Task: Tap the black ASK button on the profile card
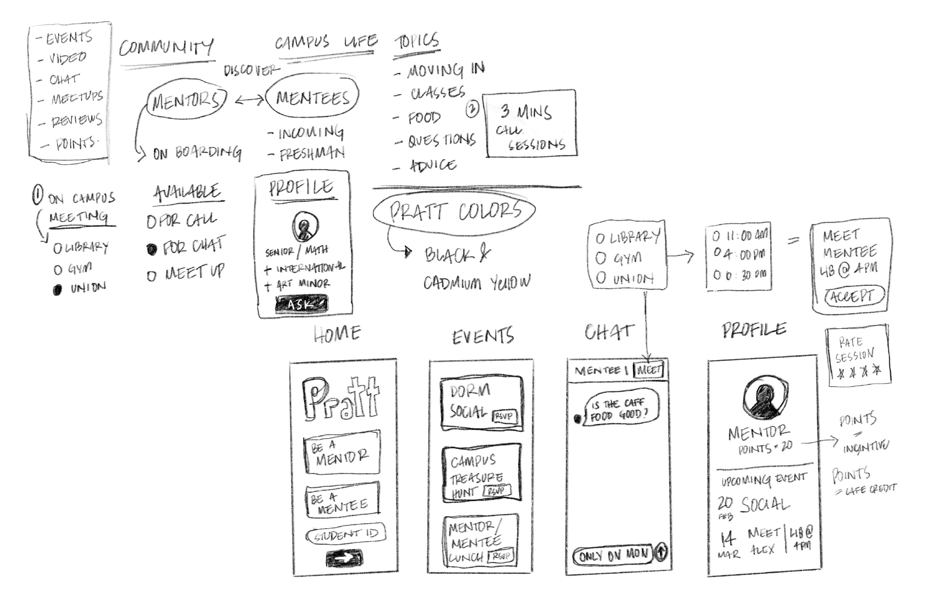[302, 304]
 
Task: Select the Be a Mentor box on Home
[342, 452]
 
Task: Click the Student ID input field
[346, 535]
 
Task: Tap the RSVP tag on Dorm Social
[504, 416]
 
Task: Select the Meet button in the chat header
[649, 370]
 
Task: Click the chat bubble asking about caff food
[620, 409]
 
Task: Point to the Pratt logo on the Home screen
[341, 398]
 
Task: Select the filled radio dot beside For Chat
[152, 249]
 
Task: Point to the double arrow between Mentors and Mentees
[249, 100]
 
